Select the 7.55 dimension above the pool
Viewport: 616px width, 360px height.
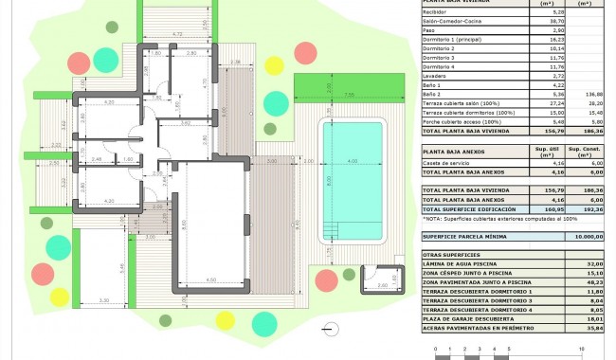349,95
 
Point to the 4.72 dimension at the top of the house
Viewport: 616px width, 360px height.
176,35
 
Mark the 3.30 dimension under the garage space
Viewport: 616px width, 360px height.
103,301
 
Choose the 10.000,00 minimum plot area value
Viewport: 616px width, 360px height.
588,236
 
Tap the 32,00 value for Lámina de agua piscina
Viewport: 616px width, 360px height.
594,263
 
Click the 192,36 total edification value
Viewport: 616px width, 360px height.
594,208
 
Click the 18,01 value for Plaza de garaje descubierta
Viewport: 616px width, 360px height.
594,318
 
